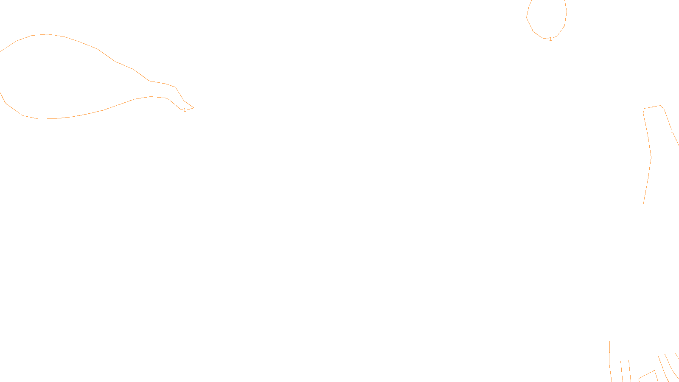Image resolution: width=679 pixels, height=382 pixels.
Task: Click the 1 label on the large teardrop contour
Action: (x=185, y=110)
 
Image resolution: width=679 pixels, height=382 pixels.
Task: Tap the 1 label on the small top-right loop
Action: (x=550, y=39)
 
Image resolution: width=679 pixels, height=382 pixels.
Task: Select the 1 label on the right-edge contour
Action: (x=672, y=131)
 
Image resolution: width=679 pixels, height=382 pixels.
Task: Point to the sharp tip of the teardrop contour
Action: (x=194, y=108)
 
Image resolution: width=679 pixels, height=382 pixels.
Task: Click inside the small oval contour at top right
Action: (x=547, y=17)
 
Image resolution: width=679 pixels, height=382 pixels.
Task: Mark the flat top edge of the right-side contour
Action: (x=653, y=107)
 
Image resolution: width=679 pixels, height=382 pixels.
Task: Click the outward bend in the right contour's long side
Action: (x=651, y=157)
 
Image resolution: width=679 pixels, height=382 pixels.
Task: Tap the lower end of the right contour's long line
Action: (x=644, y=203)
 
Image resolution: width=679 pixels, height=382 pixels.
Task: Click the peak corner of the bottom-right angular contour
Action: (x=654, y=371)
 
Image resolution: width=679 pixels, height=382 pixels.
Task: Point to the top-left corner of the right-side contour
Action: (x=644, y=109)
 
